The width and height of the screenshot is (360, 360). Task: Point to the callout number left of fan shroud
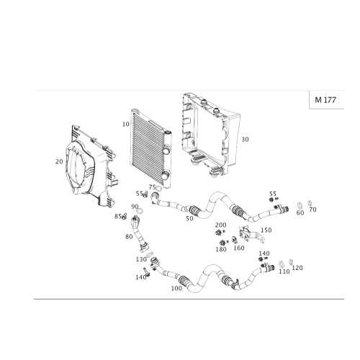(x=57, y=161)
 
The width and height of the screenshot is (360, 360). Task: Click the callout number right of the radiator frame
(x=245, y=138)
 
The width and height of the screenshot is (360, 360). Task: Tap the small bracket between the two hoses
(x=246, y=233)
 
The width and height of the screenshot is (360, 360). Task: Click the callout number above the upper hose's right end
(x=272, y=195)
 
